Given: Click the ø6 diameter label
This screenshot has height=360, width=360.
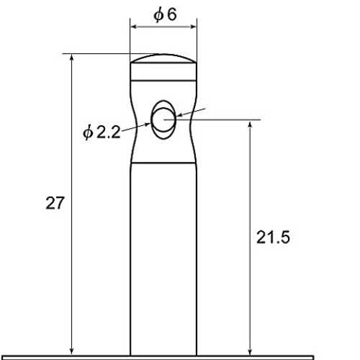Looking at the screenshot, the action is [165, 15].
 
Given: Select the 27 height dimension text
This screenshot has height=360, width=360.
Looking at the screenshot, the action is [55, 203].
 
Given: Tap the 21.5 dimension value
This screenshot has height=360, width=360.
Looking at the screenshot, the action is [273, 238].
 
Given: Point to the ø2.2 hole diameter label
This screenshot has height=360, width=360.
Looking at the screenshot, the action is [102, 132].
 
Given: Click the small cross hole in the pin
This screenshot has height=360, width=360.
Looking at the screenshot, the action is [163, 120].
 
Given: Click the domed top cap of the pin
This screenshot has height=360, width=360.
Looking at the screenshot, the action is [163, 58].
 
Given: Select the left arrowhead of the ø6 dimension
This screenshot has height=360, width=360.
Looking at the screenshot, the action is [134, 27].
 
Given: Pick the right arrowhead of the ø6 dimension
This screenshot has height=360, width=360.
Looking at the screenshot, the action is [193, 27].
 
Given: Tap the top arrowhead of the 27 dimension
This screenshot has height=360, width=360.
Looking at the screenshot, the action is [71, 58].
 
